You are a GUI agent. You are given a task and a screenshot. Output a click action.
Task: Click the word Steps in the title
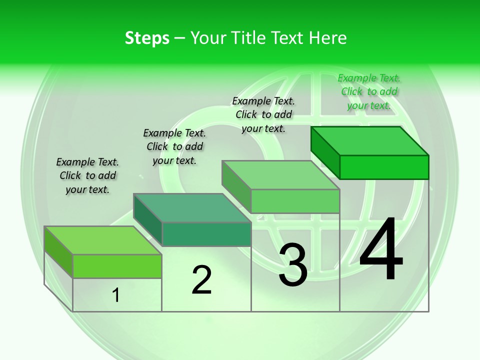[147, 38]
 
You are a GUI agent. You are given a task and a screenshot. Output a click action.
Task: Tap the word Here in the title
[327, 38]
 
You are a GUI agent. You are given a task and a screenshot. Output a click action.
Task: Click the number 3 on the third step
[293, 265]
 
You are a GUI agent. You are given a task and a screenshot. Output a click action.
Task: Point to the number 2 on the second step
[201, 280]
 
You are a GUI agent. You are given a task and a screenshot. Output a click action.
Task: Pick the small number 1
[116, 295]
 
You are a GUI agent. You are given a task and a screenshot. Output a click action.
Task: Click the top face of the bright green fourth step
[370, 140]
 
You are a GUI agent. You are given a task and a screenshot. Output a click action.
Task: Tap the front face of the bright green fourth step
[384, 167]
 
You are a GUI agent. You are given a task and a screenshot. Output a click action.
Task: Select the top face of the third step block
[280, 175]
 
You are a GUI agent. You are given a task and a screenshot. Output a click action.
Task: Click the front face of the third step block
[295, 201]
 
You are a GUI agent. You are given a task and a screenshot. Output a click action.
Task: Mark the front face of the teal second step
[206, 234]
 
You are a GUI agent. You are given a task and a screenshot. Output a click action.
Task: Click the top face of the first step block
[103, 240]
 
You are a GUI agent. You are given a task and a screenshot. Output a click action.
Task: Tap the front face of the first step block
[117, 266]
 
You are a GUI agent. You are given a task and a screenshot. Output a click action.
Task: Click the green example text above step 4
[369, 91]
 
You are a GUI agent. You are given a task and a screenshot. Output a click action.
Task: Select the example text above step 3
[263, 114]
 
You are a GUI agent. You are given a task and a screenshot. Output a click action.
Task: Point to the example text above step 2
[174, 146]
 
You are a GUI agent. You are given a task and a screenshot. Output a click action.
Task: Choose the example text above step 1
[87, 175]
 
